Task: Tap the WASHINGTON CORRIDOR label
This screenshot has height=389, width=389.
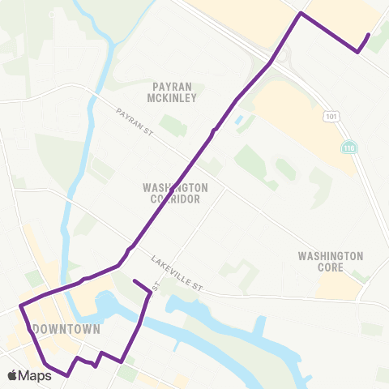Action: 176,192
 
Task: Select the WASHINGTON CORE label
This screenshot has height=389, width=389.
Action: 331,261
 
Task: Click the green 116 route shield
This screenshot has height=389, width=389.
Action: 348,147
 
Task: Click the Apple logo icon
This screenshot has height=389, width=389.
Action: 12,375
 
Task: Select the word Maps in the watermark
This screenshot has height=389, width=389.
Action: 35,375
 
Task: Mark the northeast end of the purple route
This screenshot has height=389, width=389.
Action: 369,35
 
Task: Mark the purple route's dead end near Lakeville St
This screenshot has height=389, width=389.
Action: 134,282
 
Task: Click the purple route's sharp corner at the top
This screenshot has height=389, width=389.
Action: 301,14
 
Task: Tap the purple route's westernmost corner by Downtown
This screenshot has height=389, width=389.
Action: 20,307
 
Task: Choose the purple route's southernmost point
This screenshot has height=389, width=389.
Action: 66,375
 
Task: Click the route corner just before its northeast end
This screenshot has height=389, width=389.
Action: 357,53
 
